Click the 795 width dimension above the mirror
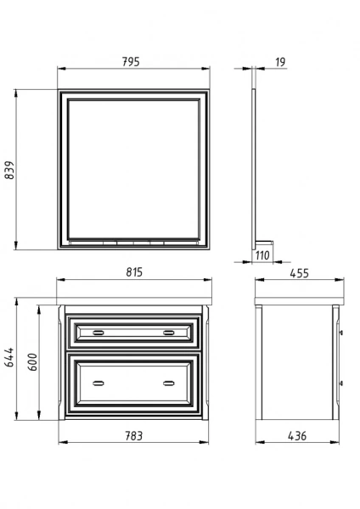click(x=131, y=62)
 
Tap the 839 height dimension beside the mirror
click(x=9, y=170)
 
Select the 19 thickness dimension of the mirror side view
click(x=280, y=62)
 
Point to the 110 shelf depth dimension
click(x=262, y=255)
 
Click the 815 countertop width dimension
click(x=134, y=272)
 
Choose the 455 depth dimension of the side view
click(x=299, y=273)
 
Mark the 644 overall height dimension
click(x=9, y=357)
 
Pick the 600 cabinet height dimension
click(x=32, y=361)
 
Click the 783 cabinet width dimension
click(x=134, y=436)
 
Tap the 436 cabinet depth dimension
click(x=297, y=436)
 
